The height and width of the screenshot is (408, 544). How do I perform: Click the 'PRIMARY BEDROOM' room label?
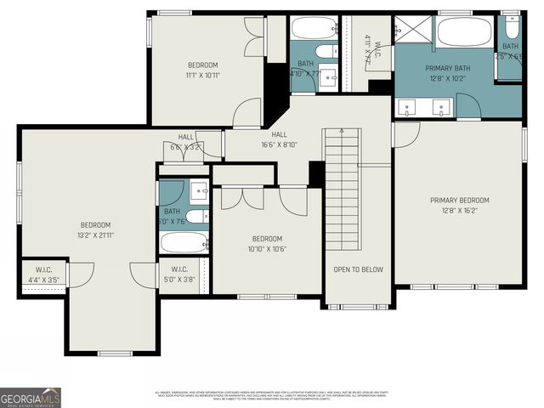(459, 201)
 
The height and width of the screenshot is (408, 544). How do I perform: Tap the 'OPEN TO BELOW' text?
(358, 269)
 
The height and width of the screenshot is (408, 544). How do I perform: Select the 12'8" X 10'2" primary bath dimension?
(434, 77)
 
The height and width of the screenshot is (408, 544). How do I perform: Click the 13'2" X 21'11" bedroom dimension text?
(96, 235)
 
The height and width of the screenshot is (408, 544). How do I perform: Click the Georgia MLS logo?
(31, 396)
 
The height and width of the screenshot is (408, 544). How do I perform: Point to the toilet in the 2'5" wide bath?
(510, 25)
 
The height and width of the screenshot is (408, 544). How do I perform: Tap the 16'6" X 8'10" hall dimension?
(279, 144)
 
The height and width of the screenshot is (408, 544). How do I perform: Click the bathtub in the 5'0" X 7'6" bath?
(184, 242)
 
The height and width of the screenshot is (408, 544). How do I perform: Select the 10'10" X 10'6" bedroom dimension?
(267, 249)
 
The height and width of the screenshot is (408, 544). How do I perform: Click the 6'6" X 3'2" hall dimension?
(185, 147)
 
